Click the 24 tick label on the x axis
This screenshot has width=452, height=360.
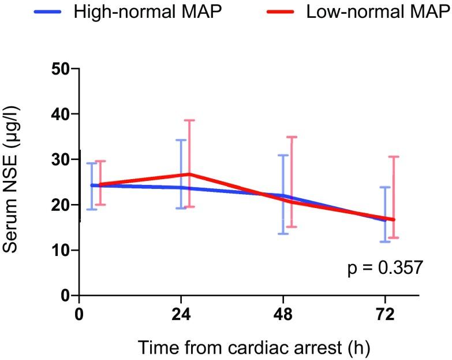pos(181,316)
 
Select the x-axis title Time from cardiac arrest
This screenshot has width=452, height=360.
pos(249,348)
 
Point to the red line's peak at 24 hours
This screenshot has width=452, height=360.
pos(189,174)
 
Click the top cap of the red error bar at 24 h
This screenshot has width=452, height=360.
pos(189,120)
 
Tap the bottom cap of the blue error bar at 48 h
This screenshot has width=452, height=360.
pos(283,233)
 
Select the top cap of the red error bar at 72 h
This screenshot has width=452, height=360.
pos(393,157)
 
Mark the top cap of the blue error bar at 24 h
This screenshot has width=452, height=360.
pos(181,140)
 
